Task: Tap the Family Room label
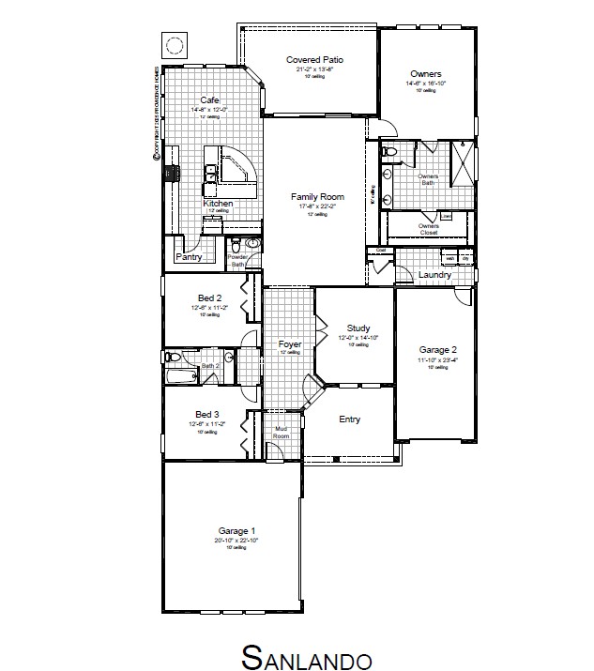pyautogui.click(x=317, y=197)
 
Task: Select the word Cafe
pyautogui.click(x=210, y=99)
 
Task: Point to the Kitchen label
pyautogui.click(x=218, y=203)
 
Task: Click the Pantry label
pyautogui.click(x=190, y=256)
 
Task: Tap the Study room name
pyautogui.click(x=358, y=328)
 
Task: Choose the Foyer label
pyautogui.click(x=290, y=344)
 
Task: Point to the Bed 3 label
pyautogui.click(x=207, y=414)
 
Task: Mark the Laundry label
pyautogui.click(x=434, y=275)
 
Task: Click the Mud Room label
pyautogui.click(x=281, y=433)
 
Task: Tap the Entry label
pyautogui.click(x=349, y=419)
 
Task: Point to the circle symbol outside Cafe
pyautogui.click(x=174, y=45)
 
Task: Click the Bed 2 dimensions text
pyautogui.click(x=207, y=307)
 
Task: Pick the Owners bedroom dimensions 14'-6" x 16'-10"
pyautogui.click(x=426, y=84)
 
